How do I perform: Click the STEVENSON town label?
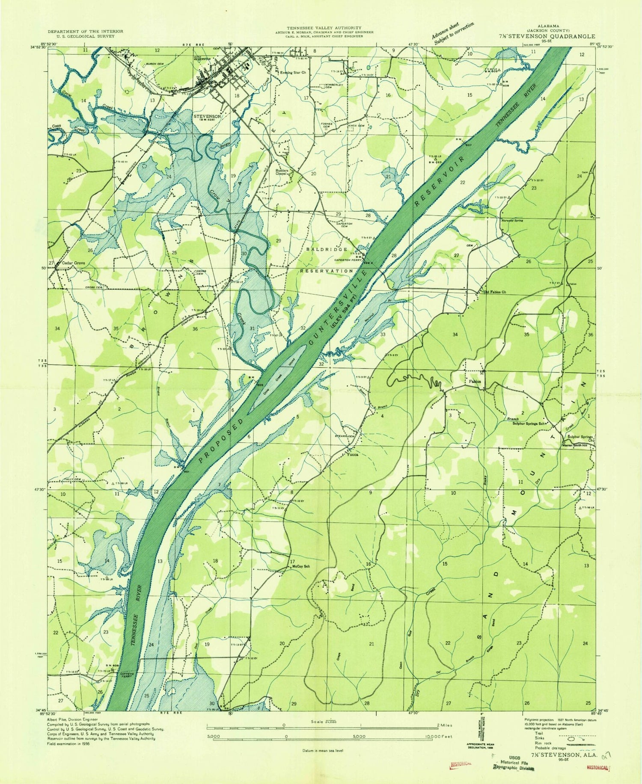pos(207,116)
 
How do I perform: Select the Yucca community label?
pos(352,455)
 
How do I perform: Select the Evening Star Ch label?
pos(293,73)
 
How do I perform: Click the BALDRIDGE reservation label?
pos(326,249)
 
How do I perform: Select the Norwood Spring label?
pos(512,220)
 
